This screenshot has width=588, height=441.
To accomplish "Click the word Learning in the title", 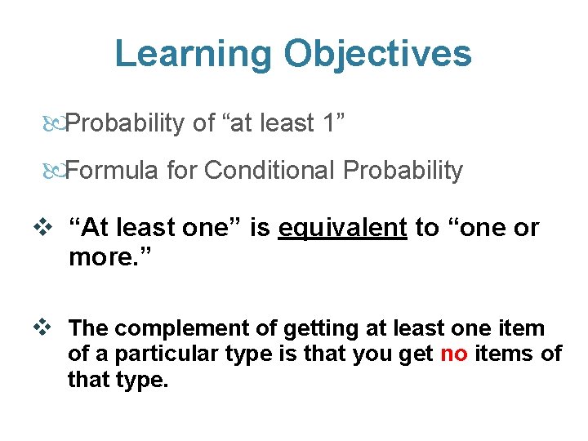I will (194, 54).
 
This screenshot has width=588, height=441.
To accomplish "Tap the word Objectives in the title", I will (377, 54).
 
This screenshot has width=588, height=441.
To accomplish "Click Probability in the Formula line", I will (403, 171).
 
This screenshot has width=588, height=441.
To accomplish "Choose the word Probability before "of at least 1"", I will (126, 123).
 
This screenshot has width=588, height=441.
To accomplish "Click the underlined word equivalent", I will (342, 229).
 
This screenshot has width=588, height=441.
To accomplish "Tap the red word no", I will (454, 354).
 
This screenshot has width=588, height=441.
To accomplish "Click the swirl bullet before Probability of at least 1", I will (53, 124).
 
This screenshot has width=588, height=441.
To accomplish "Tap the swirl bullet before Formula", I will (53, 171).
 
